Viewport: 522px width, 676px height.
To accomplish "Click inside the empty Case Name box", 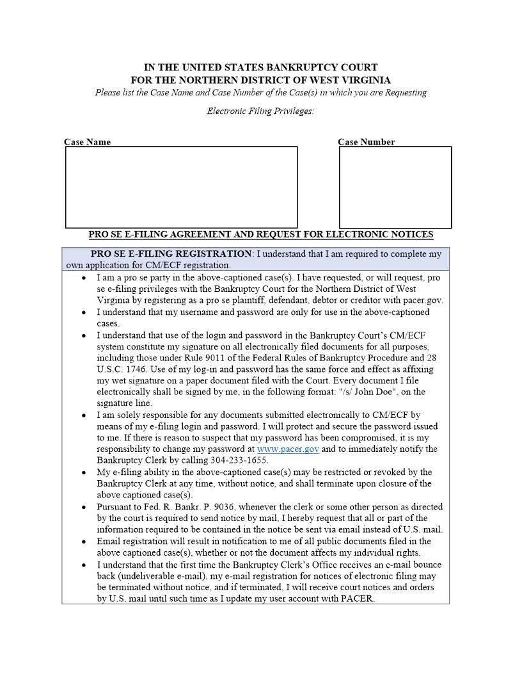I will click(181, 187).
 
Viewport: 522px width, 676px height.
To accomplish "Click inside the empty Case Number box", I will click(395, 187).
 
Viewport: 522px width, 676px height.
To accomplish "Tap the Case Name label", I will click(87, 142).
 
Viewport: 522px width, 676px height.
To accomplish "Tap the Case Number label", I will click(366, 142).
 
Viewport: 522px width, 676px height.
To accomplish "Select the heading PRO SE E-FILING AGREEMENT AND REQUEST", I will click(260, 235).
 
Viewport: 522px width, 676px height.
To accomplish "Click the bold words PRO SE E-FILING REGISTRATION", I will click(171, 254).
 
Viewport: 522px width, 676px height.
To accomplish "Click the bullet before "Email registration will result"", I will click(84, 542).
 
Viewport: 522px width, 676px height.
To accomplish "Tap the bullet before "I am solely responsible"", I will click(84, 415).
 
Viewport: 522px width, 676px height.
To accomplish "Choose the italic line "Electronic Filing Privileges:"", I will click(260, 111).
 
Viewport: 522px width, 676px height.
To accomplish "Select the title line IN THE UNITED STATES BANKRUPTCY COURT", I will click(260, 67).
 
